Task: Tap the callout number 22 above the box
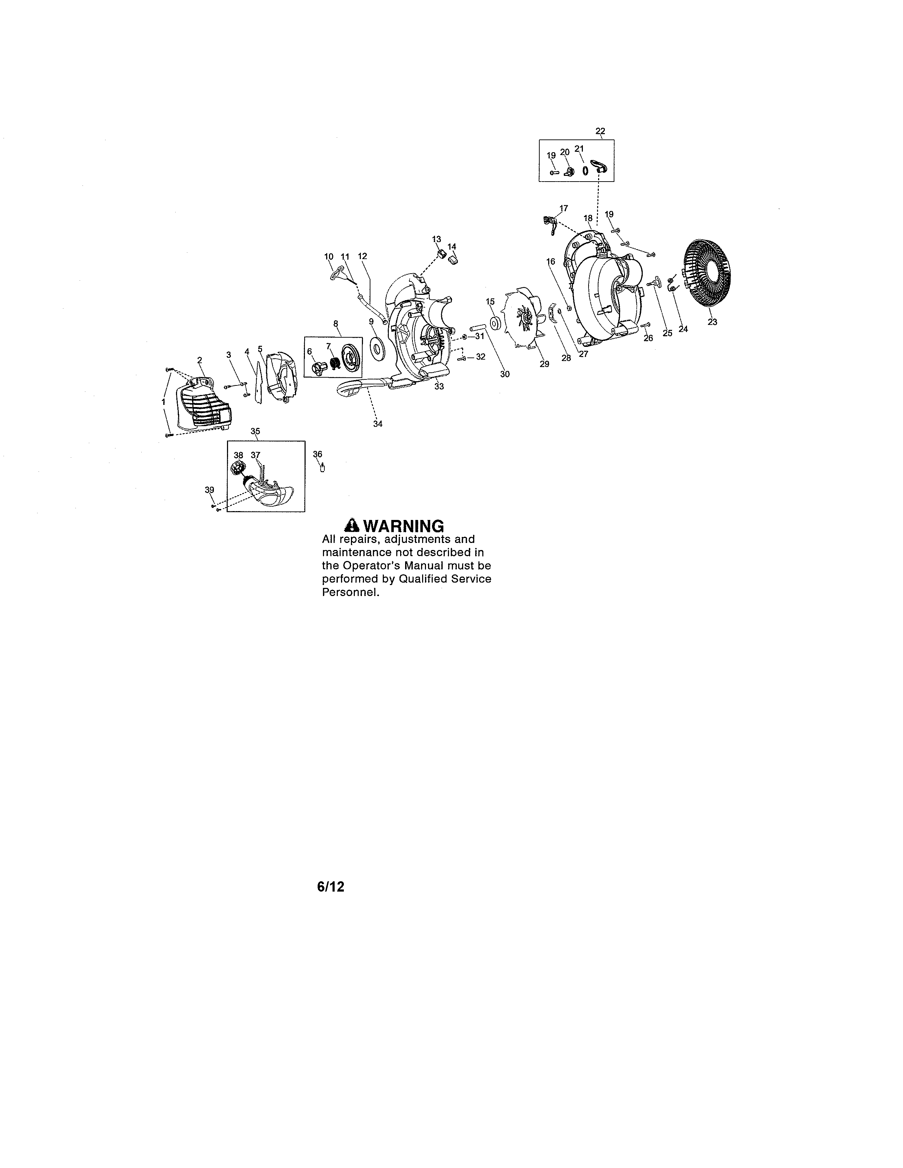coord(600,131)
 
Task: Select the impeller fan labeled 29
coord(523,321)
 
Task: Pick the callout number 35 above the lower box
coord(255,431)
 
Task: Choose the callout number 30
coord(505,374)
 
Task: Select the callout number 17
coord(564,208)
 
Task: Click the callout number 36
coord(318,454)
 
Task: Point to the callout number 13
coord(437,239)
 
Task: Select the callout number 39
coord(209,490)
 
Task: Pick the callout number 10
coord(329,257)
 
